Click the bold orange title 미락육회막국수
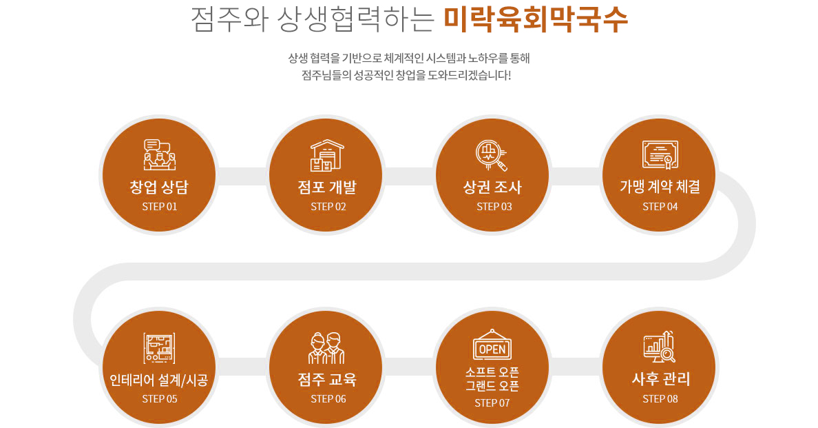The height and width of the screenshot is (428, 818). tap(535, 19)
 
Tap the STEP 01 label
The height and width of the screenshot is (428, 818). tap(160, 207)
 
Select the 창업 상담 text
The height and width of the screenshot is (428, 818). tap(159, 187)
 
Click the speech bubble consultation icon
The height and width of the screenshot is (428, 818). tap(159, 154)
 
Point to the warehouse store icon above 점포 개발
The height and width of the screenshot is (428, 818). tap(327, 155)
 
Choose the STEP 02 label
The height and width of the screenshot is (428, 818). tap(328, 207)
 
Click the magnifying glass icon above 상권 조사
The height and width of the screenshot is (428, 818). tap(491, 155)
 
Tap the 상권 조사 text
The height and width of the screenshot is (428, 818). tap(492, 187)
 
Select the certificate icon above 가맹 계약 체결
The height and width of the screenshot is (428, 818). tap(660, 154)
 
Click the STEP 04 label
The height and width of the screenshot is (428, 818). tap(660, 207)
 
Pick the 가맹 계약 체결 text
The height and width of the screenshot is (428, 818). tap(660, 186)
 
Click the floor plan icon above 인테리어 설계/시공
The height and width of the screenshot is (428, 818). tap(159, 347)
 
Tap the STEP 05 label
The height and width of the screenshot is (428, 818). tap(160, 399)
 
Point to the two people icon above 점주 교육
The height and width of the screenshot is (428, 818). tap(326, 347)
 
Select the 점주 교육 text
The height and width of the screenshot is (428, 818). tap(327, 379)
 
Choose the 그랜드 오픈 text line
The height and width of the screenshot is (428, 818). tap(492, 386)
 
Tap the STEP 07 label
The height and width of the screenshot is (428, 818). tap(492, 403)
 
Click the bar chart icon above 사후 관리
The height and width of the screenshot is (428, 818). tap(660, 347)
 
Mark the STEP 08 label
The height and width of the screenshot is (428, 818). tap(660, 399)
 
